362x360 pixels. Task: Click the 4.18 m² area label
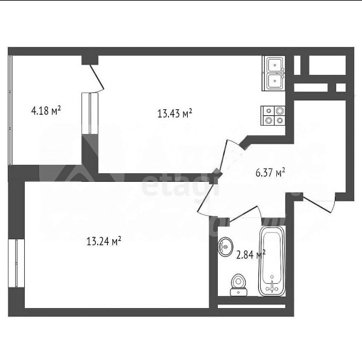pyautogui.click(x=46, y=111)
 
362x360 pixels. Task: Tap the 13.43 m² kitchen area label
pyautogui.click(x=174, y=113)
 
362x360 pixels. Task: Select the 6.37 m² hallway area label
pyautogui.click(x=270, y=173)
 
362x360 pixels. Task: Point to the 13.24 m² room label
pyautogui.click(x=104, y=242)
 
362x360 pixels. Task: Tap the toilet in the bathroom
pyautogui.click(x=239, y=284)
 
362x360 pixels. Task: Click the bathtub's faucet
pyautogui.click(x=275, y=287)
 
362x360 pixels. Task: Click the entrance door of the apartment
pyautogui.click(x=318, y=204)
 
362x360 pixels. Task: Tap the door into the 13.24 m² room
pyautogui.click(x=209, y=193)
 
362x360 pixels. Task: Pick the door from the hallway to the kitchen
pyautogui.click(x=232, y=158)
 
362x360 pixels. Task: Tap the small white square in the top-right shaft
pyautogui.click(x=341, y=88)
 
